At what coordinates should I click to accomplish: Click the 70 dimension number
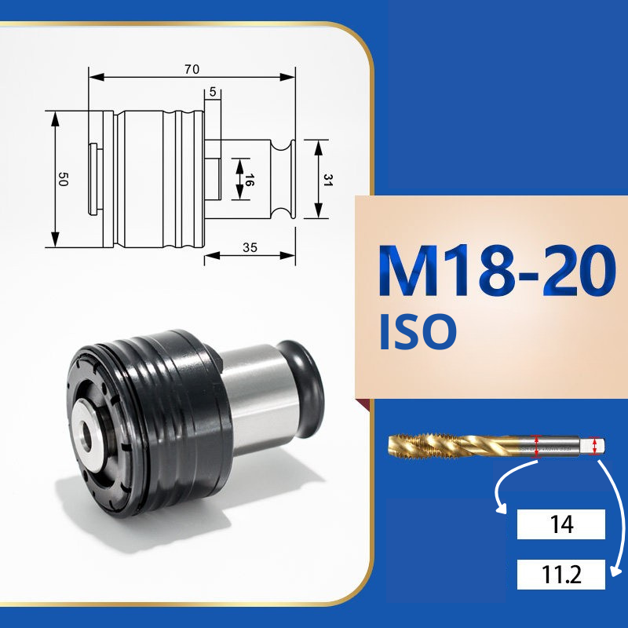[x=192, y=69]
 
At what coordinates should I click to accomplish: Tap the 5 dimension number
[x=213, y=92]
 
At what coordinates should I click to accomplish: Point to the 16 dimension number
[x=248, y=181]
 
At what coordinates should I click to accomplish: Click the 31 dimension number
[x=328, y=180]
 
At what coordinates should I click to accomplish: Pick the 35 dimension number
[x=250, y=247]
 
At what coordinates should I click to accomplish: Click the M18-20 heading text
[x=497, y=271]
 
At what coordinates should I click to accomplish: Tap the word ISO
[x=418, y=331]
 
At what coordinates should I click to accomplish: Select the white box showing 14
[x=560, y=524]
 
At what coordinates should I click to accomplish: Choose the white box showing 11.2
[x=560, y=575]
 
